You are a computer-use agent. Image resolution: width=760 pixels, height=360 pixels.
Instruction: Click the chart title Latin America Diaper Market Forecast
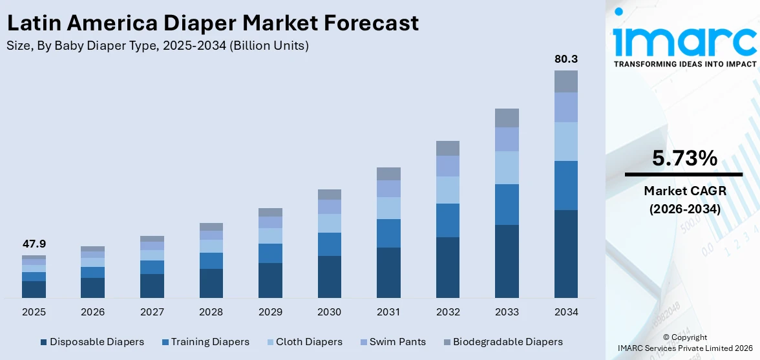point(213,23)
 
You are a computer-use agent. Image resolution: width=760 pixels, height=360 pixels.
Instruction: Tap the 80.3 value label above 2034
point(565,59)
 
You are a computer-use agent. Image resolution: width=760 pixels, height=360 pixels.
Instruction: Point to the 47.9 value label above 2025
point(34,244)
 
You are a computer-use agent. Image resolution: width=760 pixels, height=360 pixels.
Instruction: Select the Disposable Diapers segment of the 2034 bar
point(565,253)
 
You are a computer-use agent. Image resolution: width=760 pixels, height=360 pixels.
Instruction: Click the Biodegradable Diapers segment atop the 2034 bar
point(565,81)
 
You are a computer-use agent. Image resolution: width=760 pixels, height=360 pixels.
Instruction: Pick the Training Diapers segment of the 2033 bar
point(507,204)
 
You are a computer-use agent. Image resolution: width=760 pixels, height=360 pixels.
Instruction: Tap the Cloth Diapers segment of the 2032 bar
point(447,190)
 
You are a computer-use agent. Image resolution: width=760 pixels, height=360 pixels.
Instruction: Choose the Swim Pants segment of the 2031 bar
point(388,189)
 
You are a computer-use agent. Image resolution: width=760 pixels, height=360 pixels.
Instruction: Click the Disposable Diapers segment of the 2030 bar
point(329,277)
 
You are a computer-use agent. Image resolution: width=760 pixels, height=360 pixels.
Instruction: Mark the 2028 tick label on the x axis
point(211,312)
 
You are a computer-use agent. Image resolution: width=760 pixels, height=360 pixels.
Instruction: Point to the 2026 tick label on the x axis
point(92,312)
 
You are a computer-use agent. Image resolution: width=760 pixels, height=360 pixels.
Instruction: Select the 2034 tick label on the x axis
point(565,312)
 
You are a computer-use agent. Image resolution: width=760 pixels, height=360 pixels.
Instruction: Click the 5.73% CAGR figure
point(684,158)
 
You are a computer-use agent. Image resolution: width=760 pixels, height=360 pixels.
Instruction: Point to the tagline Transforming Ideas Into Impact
point(684,64)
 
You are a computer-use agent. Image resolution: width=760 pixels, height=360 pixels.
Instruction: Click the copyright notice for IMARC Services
point(684,343)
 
